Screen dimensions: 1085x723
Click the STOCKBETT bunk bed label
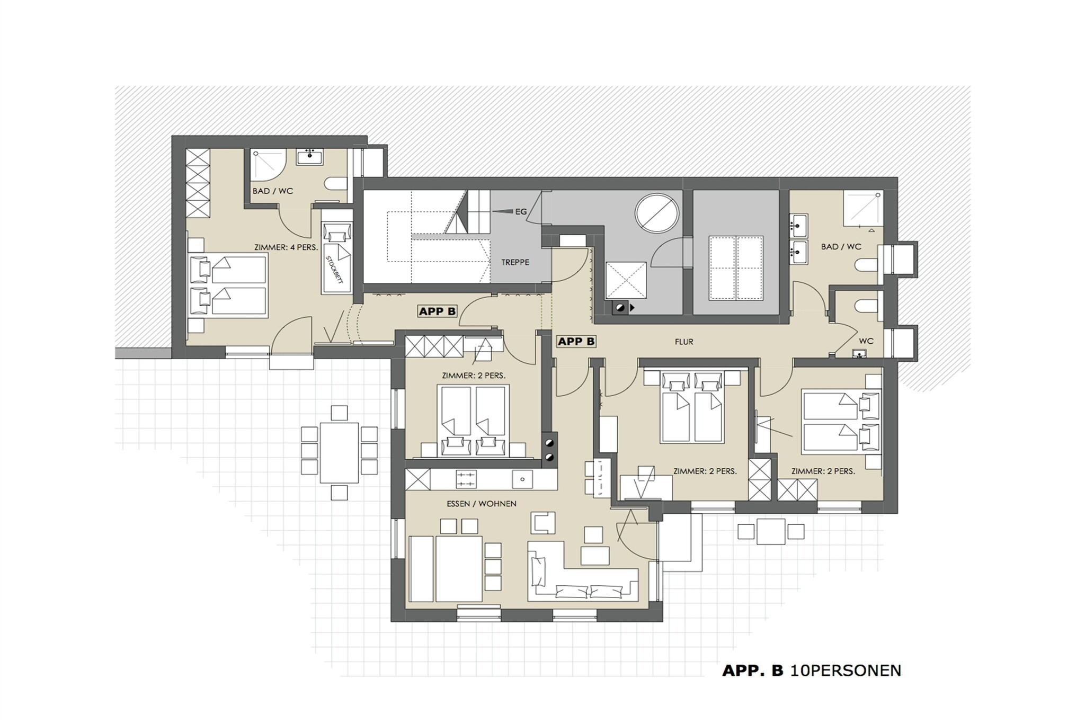click(334, 270)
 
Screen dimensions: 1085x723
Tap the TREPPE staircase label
click(515, 262)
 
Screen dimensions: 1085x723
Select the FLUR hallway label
click(684, 342)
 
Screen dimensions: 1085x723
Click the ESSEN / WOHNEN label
click(482, 504)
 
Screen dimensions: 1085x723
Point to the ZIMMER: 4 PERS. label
click(286, 247)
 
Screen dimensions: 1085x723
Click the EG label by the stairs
click(521, 212)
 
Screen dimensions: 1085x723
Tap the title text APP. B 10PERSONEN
click(812, 671)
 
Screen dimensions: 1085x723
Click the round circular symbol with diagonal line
click(657, 212)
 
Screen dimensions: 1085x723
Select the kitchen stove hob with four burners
click(466, 479)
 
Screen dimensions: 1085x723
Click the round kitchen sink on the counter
click(522, 479)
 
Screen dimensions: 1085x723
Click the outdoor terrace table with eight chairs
click(339, 452)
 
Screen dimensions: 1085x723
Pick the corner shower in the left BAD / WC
click(269, 164)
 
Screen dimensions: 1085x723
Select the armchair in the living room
click(543, 523)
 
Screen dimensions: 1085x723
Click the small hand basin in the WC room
click(860, 354)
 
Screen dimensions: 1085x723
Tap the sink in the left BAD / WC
click(310, 156)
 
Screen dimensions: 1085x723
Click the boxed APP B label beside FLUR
click(576, 342)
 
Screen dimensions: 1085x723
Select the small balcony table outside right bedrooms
click(771, 531)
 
